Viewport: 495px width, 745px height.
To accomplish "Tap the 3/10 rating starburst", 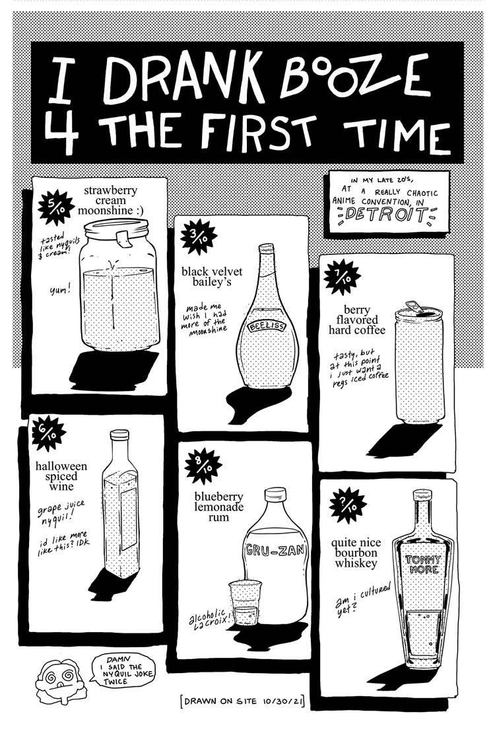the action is [199, 237].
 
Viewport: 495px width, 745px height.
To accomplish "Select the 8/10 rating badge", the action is [203, 466].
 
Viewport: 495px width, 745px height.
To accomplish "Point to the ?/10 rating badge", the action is [348, 505].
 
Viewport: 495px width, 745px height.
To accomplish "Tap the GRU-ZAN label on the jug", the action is [276, 551].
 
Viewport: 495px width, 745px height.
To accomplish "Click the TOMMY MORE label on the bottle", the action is [423, 565].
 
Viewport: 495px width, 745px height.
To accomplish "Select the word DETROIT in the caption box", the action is [385, 214].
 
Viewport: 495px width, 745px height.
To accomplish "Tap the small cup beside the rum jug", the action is [244, 603].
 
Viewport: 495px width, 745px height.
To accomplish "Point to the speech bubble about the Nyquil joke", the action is [121, 670].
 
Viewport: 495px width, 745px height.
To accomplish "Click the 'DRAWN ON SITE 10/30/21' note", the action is [242, 701].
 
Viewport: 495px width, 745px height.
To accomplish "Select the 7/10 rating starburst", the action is [342, 277].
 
